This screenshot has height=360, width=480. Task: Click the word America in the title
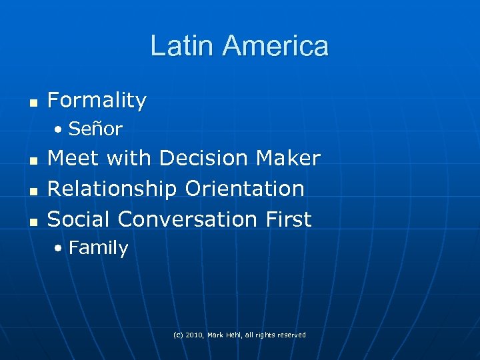[275, 46]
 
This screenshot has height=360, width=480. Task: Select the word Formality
[97, 101]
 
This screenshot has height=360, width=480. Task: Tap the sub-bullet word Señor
[95, 129]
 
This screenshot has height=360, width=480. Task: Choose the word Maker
[287, 159]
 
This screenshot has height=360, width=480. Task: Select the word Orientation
[245, 189]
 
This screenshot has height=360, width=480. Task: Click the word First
[287, 219]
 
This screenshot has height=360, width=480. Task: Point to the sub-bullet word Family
[98, 248]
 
